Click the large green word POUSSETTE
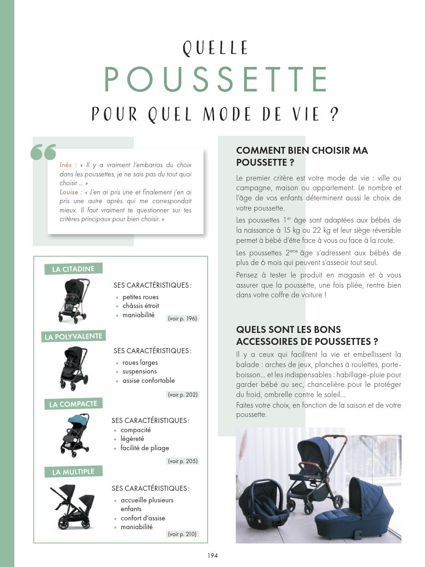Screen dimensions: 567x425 215,80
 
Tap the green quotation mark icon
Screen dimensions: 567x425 43,153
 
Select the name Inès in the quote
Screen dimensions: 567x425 68,165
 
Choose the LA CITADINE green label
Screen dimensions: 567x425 73,269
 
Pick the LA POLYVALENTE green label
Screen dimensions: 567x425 73,337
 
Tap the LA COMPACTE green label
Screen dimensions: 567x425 73,404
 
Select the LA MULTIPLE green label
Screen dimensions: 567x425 73,472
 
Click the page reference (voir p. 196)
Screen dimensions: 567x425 182,319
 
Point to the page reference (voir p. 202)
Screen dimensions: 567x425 183,395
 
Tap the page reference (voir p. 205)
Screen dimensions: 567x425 183,461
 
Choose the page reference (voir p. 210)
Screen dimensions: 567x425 182,534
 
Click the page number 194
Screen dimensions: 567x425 212,555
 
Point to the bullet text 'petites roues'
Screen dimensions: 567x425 140,297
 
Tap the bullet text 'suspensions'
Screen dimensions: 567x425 139,371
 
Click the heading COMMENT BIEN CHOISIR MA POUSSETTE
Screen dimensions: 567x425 302,157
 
